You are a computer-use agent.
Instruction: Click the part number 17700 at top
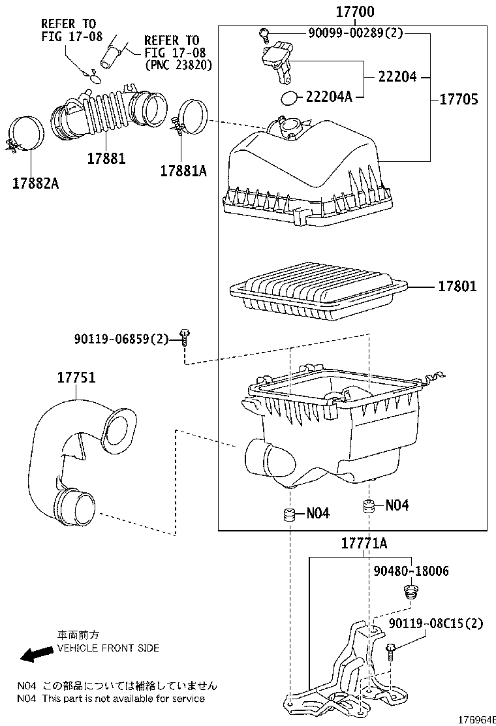(355, 12)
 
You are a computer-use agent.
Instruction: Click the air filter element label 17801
(456, 286)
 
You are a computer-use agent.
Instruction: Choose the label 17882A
(35, 183)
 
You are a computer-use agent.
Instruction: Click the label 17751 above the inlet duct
(76, 378)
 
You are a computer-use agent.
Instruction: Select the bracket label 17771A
(364, 543)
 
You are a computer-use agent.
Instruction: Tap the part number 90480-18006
(411, 571)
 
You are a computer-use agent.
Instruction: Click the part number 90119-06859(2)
(121, 338)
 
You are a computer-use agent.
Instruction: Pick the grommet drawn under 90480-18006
(411, 593)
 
